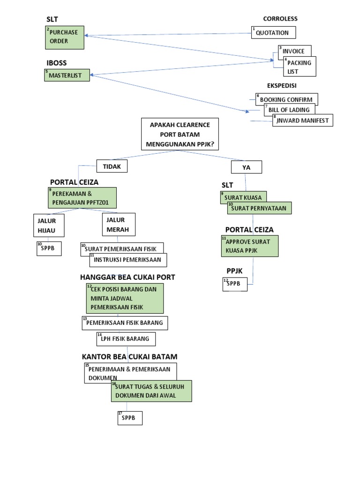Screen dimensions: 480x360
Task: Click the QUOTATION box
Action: (x=274, y=32)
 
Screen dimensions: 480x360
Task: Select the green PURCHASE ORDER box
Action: (x=64, y=37)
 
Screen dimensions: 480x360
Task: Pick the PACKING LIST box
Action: (x=300, y=67)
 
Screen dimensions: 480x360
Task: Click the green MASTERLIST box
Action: (x=67, y=75)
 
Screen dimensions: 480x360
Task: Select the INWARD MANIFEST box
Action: (x=303, y=120)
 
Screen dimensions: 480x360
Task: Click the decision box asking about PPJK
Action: (x=180, y=134)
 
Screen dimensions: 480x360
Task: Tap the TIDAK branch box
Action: (x=112, y=166)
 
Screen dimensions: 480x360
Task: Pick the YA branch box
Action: (x=246, y=167)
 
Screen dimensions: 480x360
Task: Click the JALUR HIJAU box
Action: (x=49, y=225)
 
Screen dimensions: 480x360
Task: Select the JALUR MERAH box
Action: (x=118, y=224)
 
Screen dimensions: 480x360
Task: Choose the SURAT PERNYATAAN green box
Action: (x=260, y=208)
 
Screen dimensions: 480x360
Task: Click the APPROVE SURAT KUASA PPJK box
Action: (x=250, y=246)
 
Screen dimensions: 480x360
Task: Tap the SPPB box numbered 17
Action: (x=130, y=418)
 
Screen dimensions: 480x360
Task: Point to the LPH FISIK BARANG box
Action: (x=126, y=338)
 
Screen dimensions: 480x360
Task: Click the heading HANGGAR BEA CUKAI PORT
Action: (x=127, y=277)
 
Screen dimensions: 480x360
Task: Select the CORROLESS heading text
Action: (x=280, y=19)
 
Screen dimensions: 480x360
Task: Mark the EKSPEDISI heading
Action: (x=282, y=86)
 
